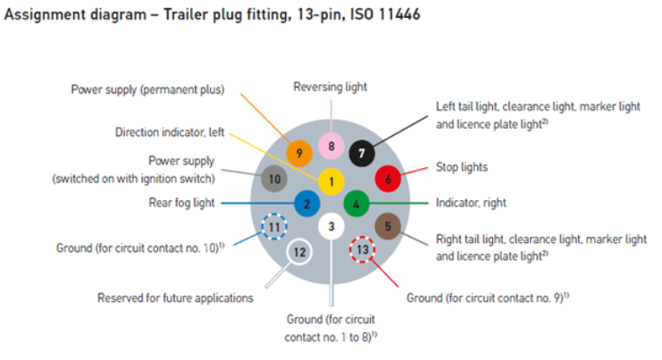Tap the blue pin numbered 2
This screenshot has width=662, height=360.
coord(306,204)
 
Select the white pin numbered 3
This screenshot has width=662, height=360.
coord(331,227)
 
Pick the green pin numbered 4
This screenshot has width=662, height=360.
coord(356,204)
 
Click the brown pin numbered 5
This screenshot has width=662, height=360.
coord(388,227)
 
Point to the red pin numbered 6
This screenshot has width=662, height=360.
coord(388,179)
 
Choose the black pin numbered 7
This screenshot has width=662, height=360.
coord(362,154)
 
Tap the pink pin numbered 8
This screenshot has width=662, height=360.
coord(331,145)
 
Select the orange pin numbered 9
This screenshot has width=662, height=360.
coord(299,154)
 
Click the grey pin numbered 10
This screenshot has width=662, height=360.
coord(274,179)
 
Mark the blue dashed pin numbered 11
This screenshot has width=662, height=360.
coord(274,228)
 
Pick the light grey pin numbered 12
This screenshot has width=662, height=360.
coord(299,253)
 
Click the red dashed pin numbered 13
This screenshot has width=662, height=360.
coord(362,249)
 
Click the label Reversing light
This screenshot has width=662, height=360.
coord(330,87)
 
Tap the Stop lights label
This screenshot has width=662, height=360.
coord(462,167)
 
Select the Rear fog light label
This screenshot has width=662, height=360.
coord(181,203)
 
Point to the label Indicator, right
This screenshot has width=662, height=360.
coord(471,203)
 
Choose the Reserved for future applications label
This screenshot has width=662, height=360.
coord(175,297)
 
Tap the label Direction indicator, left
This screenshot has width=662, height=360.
coord(170,132)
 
